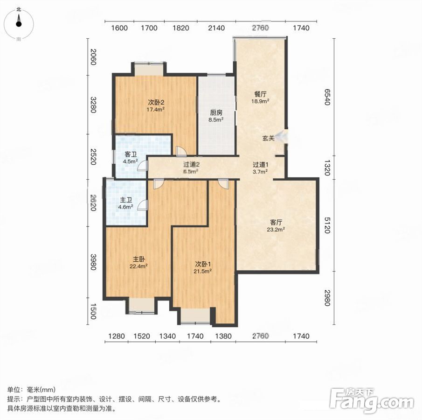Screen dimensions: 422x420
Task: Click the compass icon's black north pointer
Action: [19, 20]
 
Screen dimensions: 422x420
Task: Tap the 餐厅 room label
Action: [260, 94]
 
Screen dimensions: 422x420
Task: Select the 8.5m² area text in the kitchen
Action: [216, 119]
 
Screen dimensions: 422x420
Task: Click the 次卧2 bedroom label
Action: [156, 102]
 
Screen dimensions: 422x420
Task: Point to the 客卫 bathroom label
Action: [131, 154]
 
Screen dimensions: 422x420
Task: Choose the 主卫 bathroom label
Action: [126, 200]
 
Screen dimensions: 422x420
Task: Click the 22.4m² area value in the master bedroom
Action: [138, 266]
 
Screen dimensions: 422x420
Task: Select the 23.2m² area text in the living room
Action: [276, 229]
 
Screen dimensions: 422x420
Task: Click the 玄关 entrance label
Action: [268, 139]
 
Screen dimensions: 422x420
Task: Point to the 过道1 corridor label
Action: [260, 164]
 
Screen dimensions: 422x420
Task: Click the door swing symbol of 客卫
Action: [143, 165]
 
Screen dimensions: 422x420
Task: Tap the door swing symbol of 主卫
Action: [143, 205]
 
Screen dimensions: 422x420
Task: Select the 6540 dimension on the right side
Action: [327, 97]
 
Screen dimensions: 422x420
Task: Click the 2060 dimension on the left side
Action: [93, 57]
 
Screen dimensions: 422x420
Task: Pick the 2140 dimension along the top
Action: [216, 28]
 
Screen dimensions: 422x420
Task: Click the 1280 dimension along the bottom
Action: [117, 336]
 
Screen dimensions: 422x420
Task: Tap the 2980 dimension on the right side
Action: [327, 298]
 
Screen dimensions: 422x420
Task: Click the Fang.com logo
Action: [372, 401]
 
